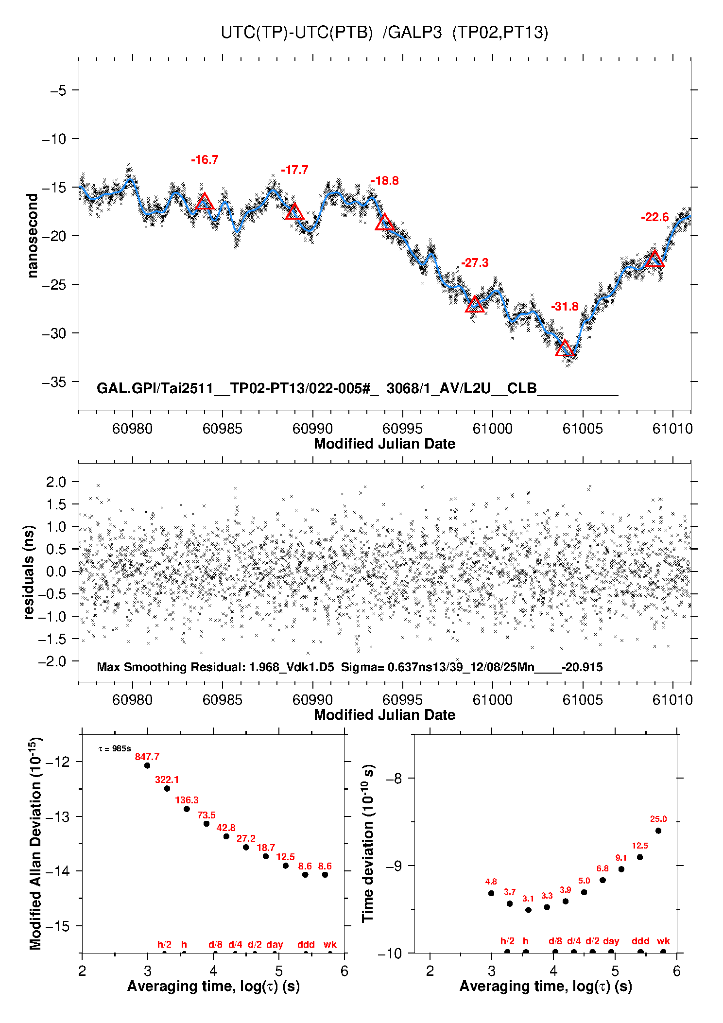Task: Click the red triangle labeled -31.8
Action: [x=565, y=348]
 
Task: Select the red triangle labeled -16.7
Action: [x=205, y=202]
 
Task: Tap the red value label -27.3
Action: [x=475, y=263]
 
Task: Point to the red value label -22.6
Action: [x=654, y=217]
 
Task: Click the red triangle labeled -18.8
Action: [x=385, y=223]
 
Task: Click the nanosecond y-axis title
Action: [x=33, y=236]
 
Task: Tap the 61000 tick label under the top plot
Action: [x=492, y=429]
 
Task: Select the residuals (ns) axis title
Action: [x=29, y=572]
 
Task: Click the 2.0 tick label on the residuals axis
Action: [x=56, y=482]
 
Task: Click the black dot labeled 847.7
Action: [x=147, y=765]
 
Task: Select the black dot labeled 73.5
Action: [x=207, y=824]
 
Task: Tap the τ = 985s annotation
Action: [x=115, y=749]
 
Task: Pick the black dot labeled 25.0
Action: [x=658, y=831]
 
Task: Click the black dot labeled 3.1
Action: [x=528, y=910]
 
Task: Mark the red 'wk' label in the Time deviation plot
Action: [x=663, y=941]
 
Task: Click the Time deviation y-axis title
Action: [x=368, y=844]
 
